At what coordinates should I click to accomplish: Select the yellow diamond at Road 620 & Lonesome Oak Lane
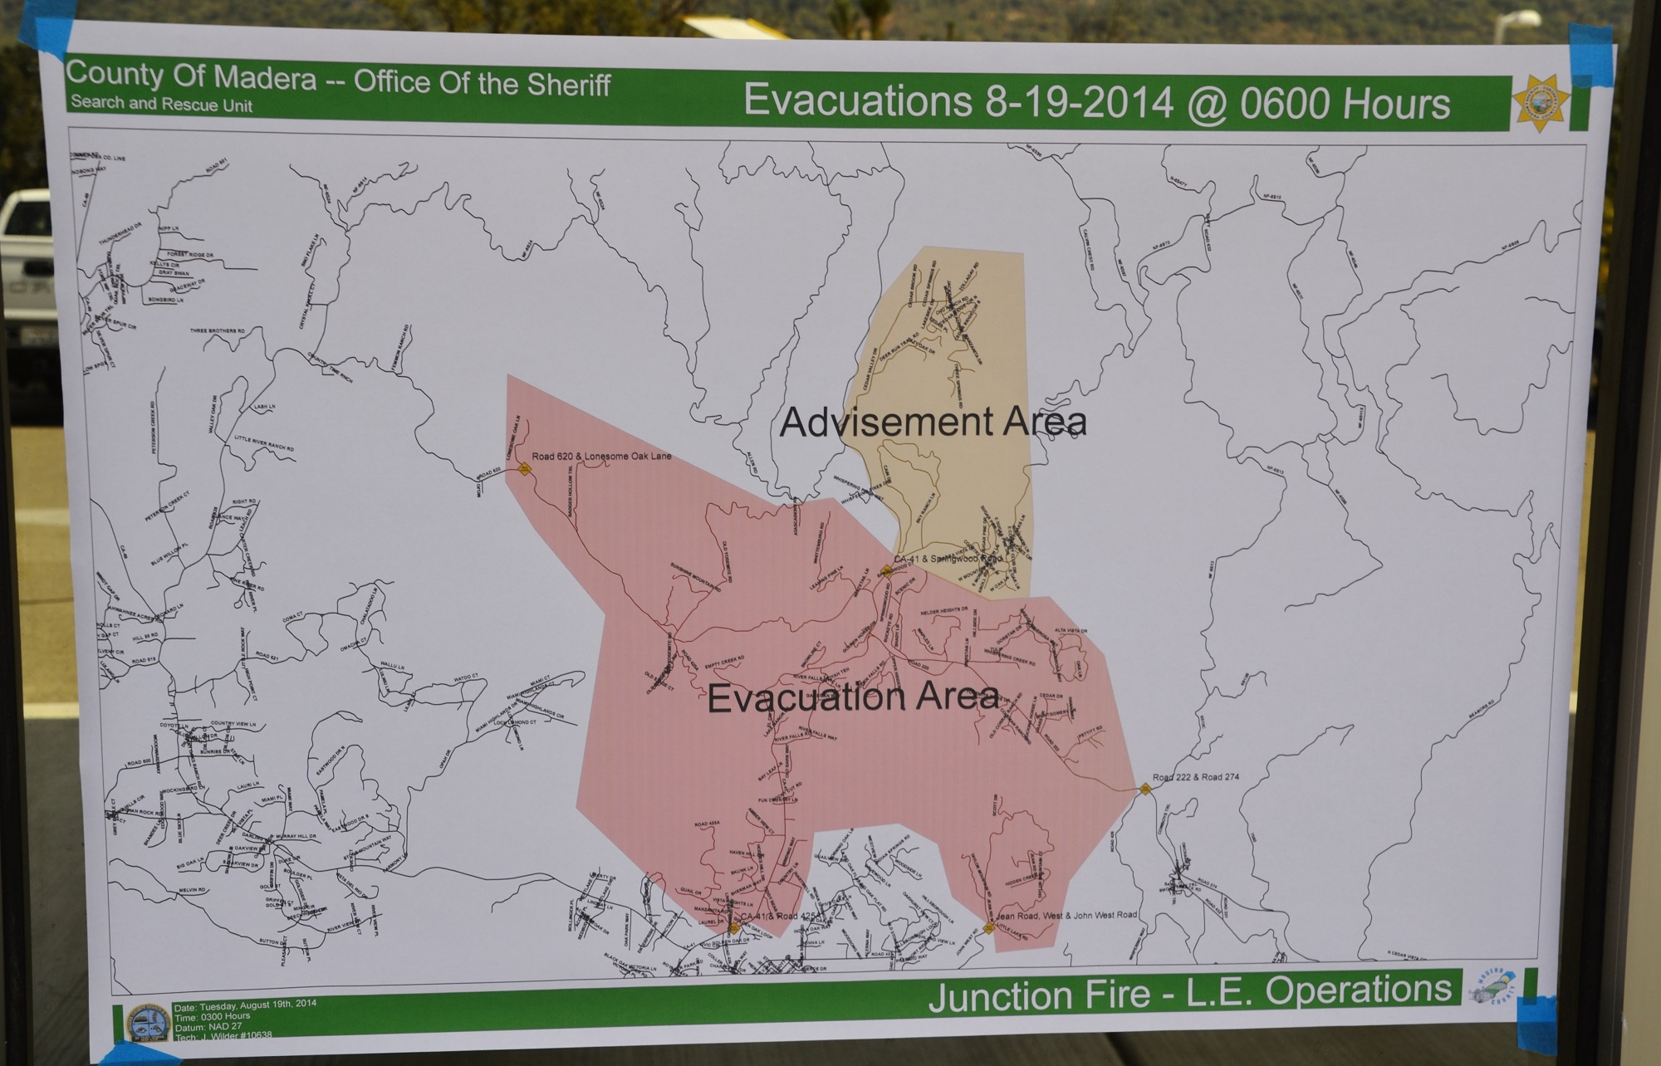coord(524,469)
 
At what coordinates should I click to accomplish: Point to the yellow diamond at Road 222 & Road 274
coord(1146,789)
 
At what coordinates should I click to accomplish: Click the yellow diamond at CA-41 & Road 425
coord(734,928)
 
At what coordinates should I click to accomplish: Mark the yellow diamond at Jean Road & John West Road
coord(988,928)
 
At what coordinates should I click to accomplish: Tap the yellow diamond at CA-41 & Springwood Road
coord(885,572)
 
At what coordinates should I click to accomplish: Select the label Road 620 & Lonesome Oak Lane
coord(601,457)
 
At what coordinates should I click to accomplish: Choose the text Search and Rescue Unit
coord(161,105)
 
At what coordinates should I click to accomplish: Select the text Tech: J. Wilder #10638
coord(223,1034)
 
